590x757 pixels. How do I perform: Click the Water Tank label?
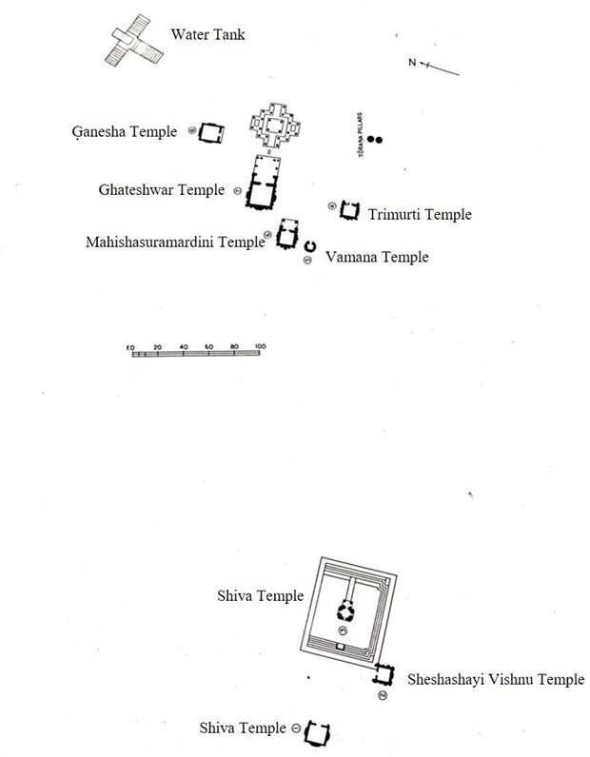207,35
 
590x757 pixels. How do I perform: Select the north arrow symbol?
432,66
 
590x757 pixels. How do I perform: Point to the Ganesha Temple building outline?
210,133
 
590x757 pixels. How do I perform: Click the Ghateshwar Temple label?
162,190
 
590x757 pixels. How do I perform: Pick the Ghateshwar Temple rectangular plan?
262,182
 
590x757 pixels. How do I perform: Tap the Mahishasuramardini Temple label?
174,242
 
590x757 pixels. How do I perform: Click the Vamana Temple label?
377,257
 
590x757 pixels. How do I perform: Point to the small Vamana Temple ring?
309,247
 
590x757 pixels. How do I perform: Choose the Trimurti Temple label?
419,214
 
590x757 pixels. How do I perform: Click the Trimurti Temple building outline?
350,210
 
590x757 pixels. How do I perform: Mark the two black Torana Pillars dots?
376,140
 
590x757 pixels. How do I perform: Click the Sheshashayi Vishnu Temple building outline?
383,674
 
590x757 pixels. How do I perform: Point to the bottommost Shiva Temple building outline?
319,732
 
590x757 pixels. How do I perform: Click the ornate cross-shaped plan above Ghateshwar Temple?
274,125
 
